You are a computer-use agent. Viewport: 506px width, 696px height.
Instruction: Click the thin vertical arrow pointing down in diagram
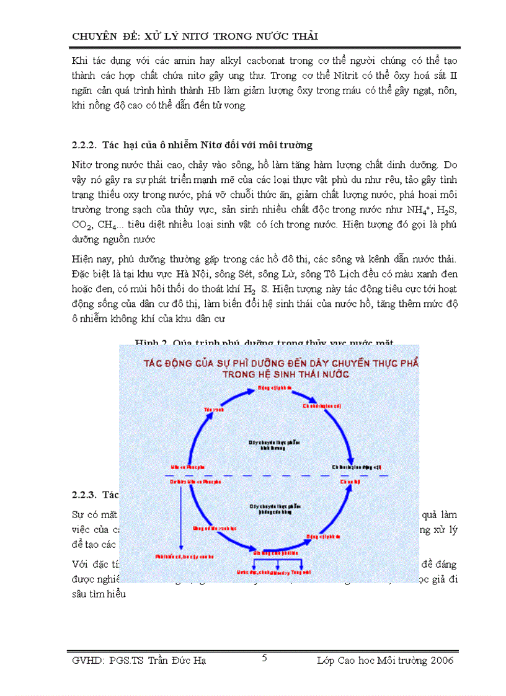180,514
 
